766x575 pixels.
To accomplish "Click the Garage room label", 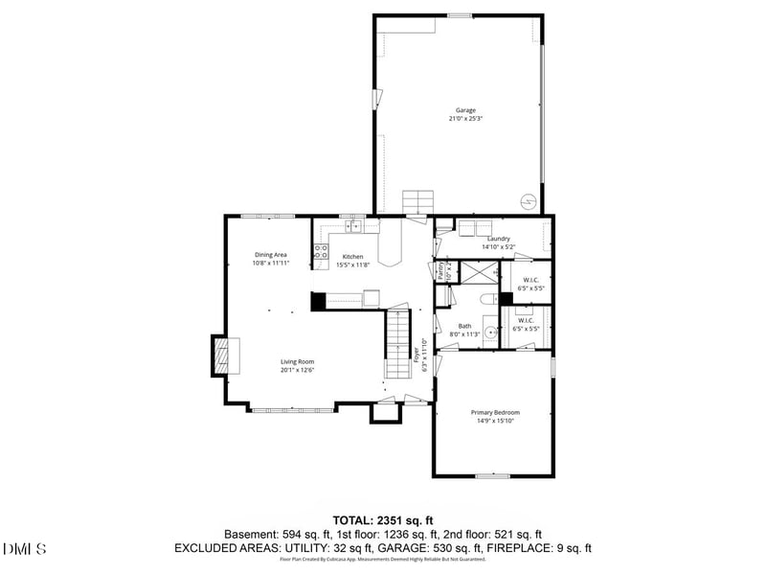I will (x=466, y=110).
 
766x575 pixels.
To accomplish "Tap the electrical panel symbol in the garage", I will (x=526, y=202).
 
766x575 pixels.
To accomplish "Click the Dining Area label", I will (x=270, y=254).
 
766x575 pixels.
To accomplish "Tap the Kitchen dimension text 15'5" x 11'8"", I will (x=353, y=264).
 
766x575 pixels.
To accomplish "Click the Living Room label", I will (x=298, y=361).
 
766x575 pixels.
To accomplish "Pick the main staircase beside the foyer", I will (x=397, y=345).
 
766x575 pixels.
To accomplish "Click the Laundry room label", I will (x=498, y=239).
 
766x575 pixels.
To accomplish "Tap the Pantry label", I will (x=440, y=270).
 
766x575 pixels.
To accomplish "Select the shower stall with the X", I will (x=477, y=271).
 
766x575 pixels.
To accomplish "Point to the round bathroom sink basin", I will (x=491, y=333).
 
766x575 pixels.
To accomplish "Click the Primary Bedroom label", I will (x=495, y=412).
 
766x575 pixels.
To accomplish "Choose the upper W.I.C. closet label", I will (x=530, y=280).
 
